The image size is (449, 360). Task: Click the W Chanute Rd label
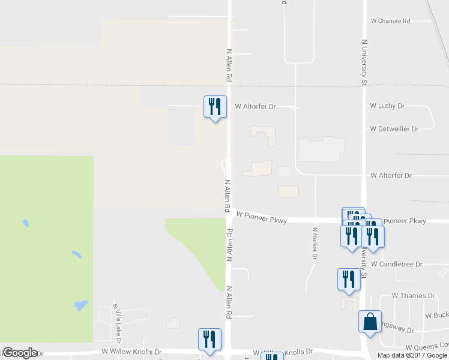pyautogui.click(x=390, y=21)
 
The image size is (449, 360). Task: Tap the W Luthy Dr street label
pyautogui.click(x=387, y=106)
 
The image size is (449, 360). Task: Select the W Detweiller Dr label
pyautogui.click(x=394, y=129)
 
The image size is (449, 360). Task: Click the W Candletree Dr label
pyautogui.click(x=396, y=264)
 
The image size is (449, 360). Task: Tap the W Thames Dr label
pyautogui.click(x=413, y=296)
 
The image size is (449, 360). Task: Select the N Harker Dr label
pyautogui.click(x=315, y=243)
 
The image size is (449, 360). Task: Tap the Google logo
pyautogui.click(x=20, y=353)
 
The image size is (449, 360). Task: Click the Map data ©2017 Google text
pyautogui.click(x=412, y=355)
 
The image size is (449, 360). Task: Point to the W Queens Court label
pyautogui.click(x=427, y=347)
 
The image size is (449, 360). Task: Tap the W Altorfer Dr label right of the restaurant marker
pyautogui.click(x=255, y=107)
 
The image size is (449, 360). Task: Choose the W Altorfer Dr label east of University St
pyautogui.click(x=391, y=176)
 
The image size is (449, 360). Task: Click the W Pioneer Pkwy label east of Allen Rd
pyautogui.click(x=262, y=217)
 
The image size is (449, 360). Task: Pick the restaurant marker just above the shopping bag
pyautogui.click(x=348, y=279)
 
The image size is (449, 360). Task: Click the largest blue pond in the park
pyautogui.click(x=80, y=306)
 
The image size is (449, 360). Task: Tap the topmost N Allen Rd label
pyautogui.click(x=229, y=65)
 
